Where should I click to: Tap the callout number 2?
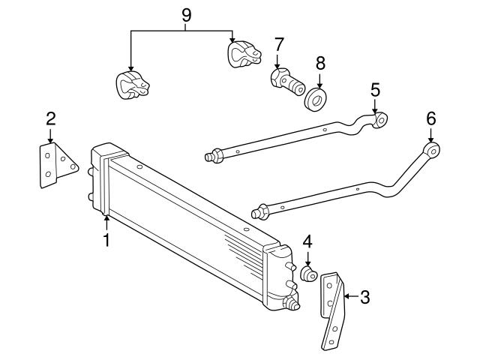tap(50, 118)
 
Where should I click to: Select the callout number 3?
tap(364, 297)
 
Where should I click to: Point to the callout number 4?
tap(307, 242)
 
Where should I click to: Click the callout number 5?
tap(375, 90)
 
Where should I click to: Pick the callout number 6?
tap(430, 118)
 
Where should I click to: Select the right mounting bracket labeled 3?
tap(332, 311)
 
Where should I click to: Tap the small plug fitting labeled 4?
tap(308, 274)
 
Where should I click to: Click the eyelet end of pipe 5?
tap(382, 118)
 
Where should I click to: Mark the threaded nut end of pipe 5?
tap(212, 156)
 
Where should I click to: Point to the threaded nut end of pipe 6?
tap(260, 213)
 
